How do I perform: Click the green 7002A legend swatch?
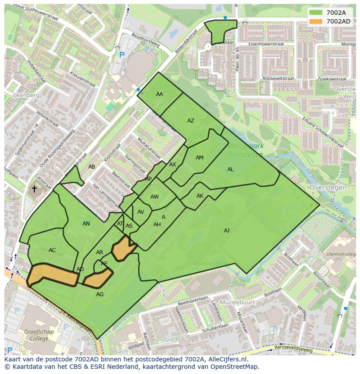point(316,13)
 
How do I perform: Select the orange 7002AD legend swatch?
point(316,21)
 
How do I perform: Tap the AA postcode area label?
point(160,94)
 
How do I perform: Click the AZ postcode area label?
point(191,121)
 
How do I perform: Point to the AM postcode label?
point(200,158)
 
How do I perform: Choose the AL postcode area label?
point(230,169)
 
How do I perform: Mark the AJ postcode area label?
point(227,231)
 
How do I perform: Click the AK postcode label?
point(200,196)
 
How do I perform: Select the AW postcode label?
point(154,197)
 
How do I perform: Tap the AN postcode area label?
point(86,224)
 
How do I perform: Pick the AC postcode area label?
point(52,250)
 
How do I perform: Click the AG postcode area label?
point(100,295)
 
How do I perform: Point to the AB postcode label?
point(92,167)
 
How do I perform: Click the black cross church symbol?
point(34,189)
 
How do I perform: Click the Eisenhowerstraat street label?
point(266,44)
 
